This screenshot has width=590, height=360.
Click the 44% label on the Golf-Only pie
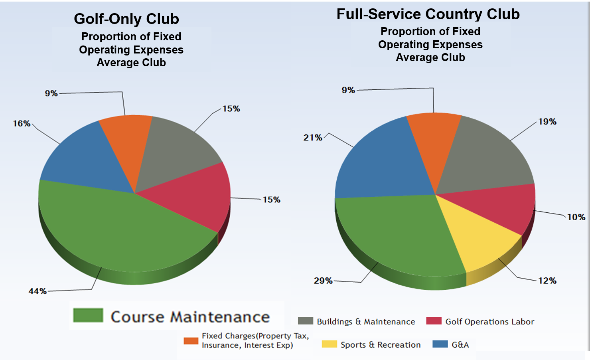tap(37, 291)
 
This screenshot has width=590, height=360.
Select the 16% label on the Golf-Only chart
tap(22, 123)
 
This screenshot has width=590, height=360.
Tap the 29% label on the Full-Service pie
tap(323, 281)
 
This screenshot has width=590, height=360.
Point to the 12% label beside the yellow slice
tap(547, 281)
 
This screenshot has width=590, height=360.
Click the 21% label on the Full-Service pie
tap(313, 137)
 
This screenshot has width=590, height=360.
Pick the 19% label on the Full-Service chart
tap(547, 121)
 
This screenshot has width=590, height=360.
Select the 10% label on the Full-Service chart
tap(576, 217)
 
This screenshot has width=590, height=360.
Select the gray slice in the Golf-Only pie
tap(176, 152)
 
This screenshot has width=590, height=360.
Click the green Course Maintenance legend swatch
tap(88, 315)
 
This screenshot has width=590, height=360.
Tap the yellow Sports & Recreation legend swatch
tap(329, 344)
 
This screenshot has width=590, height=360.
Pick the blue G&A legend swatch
tap(440, 344)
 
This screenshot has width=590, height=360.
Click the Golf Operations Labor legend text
tap(489, 322)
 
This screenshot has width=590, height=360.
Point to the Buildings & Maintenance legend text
tap(366, 322)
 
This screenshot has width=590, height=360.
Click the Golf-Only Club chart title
tap(126, 19)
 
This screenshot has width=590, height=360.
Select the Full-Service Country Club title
tap(428, 14)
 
